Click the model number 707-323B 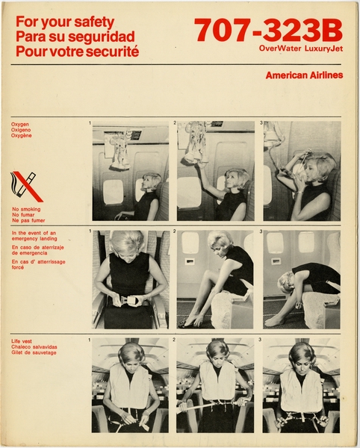pos(268,30)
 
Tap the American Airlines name pos(304,75)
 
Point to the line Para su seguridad pos(75,37)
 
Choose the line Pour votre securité pos(77,52)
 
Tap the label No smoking pos(26,208)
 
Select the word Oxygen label pos(21,123)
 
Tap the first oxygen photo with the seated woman pos(130,171)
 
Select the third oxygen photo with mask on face pos(302,171)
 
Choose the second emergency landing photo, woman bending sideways pos(216,279)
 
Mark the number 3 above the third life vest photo pos(261,340)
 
